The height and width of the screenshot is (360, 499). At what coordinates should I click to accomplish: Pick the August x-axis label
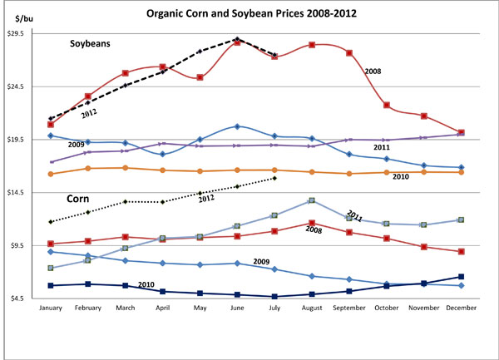click(x=311, y=308)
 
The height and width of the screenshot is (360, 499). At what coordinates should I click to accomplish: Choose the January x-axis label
click(x=51, y=308)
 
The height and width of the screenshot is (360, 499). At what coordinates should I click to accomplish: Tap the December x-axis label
click(x=461, y=308)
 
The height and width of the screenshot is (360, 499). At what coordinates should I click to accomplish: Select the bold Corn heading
click(x=79, y=200)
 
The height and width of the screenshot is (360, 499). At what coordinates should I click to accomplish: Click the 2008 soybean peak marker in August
click(x=311, y=45)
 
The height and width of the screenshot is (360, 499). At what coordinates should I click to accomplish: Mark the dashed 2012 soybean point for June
click(x=238, y=39)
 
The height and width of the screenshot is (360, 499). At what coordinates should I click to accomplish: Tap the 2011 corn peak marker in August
click(x=311, y=200)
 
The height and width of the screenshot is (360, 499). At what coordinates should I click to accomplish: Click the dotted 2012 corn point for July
click(x=274, y=178)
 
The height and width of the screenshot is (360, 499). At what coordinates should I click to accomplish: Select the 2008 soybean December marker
click(x=462, y=132)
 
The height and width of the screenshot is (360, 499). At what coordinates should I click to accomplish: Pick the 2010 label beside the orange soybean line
click(x=400, y=177)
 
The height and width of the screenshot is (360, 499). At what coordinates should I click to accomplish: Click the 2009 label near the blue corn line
click(x=260, y=261)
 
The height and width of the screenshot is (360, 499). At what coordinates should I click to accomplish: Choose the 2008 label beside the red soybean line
click(x=372, y=72)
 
